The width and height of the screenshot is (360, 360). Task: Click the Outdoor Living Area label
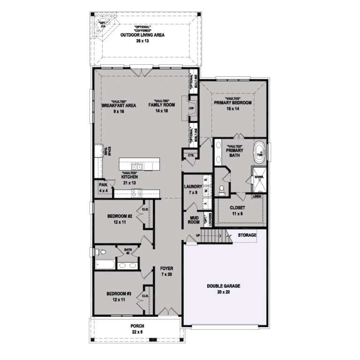coord(143,35)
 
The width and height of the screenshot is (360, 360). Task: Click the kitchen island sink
coord(136,166)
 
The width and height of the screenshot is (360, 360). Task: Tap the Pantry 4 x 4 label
coord(102,188)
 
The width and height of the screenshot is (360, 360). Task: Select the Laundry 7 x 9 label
coord(193,189)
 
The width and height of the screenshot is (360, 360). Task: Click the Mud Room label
coord(194,220)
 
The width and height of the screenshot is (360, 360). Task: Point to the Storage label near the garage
coord(247,235)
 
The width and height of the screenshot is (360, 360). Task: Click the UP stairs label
coord(197,236)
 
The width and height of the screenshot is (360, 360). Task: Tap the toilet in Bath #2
coord(98,252)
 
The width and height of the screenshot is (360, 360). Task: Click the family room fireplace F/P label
coord(191,108)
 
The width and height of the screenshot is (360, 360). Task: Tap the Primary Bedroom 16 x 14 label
coord(233,105)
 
